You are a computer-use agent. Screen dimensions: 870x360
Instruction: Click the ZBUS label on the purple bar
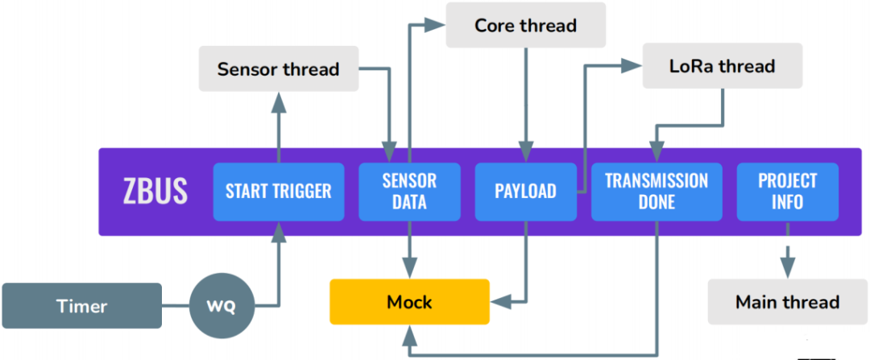(x=155, y=192)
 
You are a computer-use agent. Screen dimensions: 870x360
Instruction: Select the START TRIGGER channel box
(x=279, y=192)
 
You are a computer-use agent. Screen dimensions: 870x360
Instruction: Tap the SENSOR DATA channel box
(x=409, y=192)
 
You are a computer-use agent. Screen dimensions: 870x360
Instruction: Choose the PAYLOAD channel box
(x=525, y=192)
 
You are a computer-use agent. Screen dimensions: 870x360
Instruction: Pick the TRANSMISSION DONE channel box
(x=657, y=192)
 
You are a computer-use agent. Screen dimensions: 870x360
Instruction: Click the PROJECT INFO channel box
(x=787, y=192)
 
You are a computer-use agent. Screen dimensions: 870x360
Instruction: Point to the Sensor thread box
(x=279, y=69)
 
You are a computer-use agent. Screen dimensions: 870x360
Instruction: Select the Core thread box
(x=526, y=26)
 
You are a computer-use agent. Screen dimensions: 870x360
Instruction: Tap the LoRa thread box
(x=723, y=66)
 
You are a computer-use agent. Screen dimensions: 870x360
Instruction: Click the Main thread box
(x=787, y=302)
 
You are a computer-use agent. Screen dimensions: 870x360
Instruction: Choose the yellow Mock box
(x=409, y=302)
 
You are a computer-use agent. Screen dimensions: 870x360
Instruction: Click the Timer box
(x=82, y=306)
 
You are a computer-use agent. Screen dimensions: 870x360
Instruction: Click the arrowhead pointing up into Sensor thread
(x=279, y=101)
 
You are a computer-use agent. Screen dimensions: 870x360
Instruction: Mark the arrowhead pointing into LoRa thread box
(x=632, y=64)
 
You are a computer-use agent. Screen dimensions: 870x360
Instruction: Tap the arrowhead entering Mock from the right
(x=500, y=302)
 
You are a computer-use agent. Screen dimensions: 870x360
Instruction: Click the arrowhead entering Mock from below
(x=409, y=334)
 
